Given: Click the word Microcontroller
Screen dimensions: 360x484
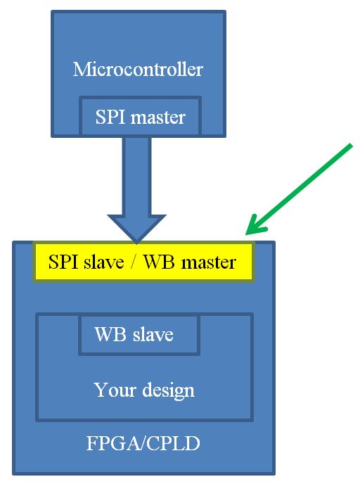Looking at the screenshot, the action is click(138, 69).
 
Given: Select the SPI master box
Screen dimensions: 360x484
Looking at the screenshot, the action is click(141, 116).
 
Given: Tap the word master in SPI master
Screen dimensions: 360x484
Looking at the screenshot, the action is click(158, 117).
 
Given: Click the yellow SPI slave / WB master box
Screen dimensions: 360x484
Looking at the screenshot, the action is click(143, 262).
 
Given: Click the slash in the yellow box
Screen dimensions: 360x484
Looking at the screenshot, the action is click(134, 262).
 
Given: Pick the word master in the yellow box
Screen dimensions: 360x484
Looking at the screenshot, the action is click(209, 262).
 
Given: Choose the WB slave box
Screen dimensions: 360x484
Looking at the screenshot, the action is click(139, 335).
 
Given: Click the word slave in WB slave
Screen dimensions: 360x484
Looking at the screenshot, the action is click(153, 334).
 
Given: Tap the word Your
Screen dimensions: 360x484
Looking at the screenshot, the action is click(115, 390).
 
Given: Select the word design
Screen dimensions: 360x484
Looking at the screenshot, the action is click(169, 390).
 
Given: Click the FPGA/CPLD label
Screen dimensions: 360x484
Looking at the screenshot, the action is click(143, 443).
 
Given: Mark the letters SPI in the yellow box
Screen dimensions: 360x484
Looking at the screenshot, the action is click(63, 262).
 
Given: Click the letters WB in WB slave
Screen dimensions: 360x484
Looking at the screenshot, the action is click(111, 334).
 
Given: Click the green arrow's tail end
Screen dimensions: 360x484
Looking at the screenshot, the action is click(351, 146).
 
